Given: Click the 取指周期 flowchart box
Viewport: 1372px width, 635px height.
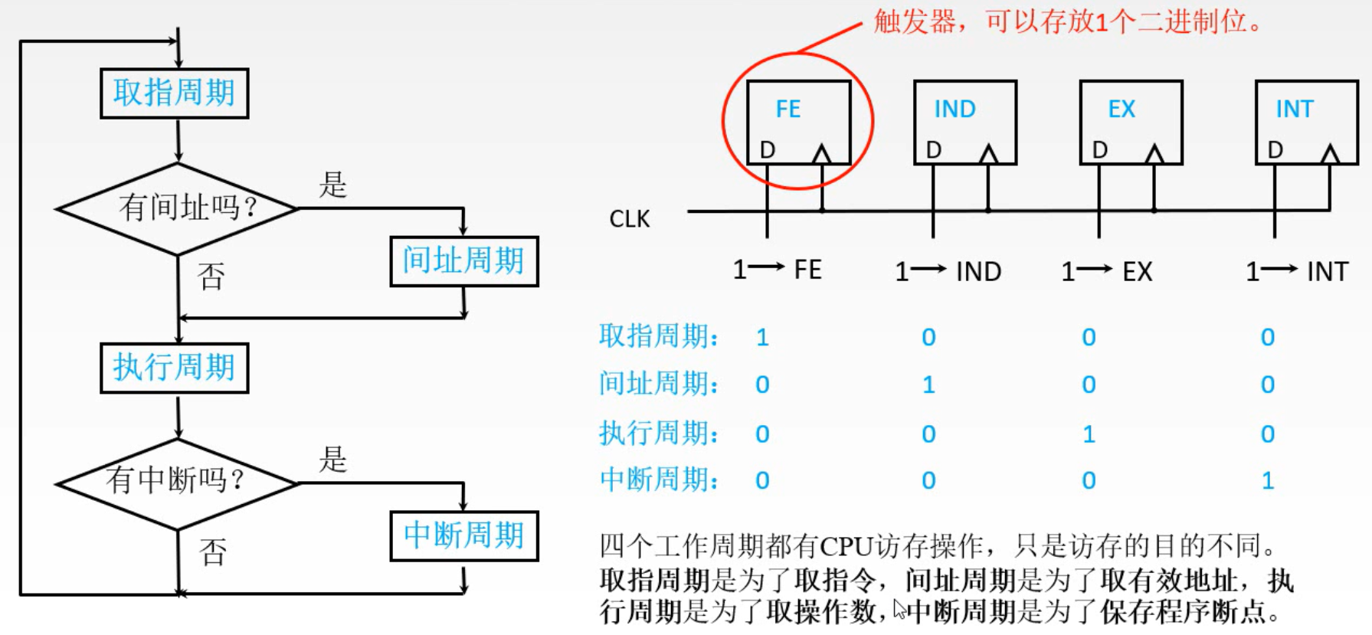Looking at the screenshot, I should click(x=174, y=93).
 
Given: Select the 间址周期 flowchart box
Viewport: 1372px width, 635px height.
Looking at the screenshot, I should click(x=463, y=261).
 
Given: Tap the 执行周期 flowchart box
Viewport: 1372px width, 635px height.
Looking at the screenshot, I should click(x=174, y=368).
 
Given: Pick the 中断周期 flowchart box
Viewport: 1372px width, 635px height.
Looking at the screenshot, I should click(x=463, y=535).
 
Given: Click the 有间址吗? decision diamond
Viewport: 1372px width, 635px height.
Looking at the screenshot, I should click(x=178, y=208).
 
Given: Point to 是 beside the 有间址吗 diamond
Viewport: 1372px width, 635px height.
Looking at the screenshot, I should click(x=333, y=185).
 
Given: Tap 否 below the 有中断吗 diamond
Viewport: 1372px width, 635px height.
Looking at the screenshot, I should click(x=213, y=552).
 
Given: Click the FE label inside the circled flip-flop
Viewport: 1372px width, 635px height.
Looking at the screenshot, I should click(x=788, y=110).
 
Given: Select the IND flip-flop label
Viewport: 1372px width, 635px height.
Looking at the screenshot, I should click(x=955, y=110).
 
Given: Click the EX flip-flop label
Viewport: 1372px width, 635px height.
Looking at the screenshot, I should click(x=1122, y=110).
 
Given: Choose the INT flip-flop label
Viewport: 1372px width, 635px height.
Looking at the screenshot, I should click(x=1295, y=110).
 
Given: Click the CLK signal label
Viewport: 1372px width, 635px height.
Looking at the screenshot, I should click(x=629, y=220).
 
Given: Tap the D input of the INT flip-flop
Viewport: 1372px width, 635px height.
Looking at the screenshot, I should click(x=1275, y=150).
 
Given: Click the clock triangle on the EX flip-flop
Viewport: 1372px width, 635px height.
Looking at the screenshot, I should click(x=1154, y=154).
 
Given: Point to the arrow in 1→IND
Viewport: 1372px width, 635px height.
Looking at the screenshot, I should click(x=929, y=269).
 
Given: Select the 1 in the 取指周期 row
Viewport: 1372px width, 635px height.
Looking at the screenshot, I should click(x=762, y=338).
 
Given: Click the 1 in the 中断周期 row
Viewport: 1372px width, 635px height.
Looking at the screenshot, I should click(x=1268, y=481).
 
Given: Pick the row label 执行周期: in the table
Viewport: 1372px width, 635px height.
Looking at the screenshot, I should click(x=659, y=434).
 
